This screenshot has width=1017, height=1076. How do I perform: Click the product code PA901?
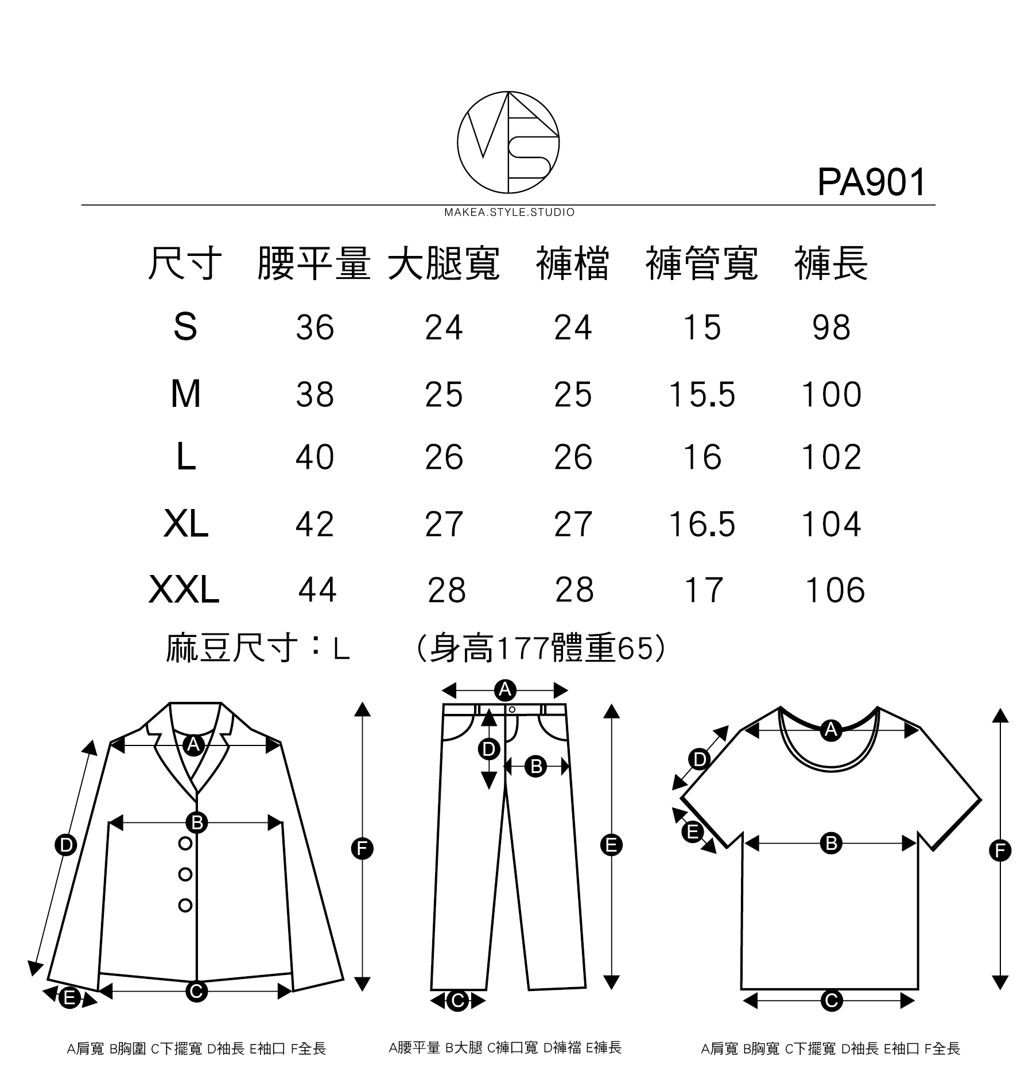(871, 182)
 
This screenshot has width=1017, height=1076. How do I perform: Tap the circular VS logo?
(508, 142)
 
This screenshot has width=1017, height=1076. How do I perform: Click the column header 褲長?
(830, 264)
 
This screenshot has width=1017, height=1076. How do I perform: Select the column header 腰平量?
(313, 264)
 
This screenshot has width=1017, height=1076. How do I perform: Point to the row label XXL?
(184, 590)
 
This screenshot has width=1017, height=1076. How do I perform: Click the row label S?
(185, 328)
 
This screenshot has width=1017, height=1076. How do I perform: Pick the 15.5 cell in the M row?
(702, 395)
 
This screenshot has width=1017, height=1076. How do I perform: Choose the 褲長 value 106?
(835, 590)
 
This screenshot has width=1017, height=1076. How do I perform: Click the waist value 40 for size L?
(315, 457)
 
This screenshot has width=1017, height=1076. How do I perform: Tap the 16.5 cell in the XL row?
(702, 524)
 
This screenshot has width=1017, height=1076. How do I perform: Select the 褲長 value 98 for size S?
(831, 328)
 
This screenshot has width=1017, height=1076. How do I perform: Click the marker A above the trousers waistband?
(504, 689)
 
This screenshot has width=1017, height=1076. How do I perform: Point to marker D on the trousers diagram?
(488, 749)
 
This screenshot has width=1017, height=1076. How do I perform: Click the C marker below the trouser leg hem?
(457, 1001)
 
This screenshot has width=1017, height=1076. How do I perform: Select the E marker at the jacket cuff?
(69, 998)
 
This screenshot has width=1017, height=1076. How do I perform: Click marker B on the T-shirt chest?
(830, 843)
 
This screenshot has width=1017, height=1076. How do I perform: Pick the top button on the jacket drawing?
(185, 843)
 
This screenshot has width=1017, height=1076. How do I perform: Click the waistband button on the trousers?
(512, 710)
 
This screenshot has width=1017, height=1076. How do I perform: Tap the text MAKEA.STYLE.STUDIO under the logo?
(509, 212)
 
